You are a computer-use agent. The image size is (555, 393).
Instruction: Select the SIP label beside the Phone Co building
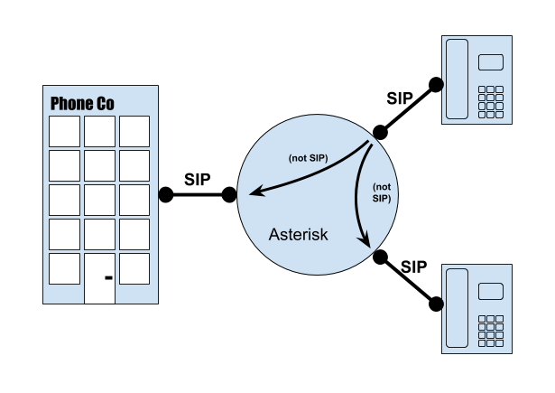pos(198,178)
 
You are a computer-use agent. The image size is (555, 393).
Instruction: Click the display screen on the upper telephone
pos(490,62)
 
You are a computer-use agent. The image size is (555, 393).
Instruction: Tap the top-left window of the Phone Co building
pos(63,130)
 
